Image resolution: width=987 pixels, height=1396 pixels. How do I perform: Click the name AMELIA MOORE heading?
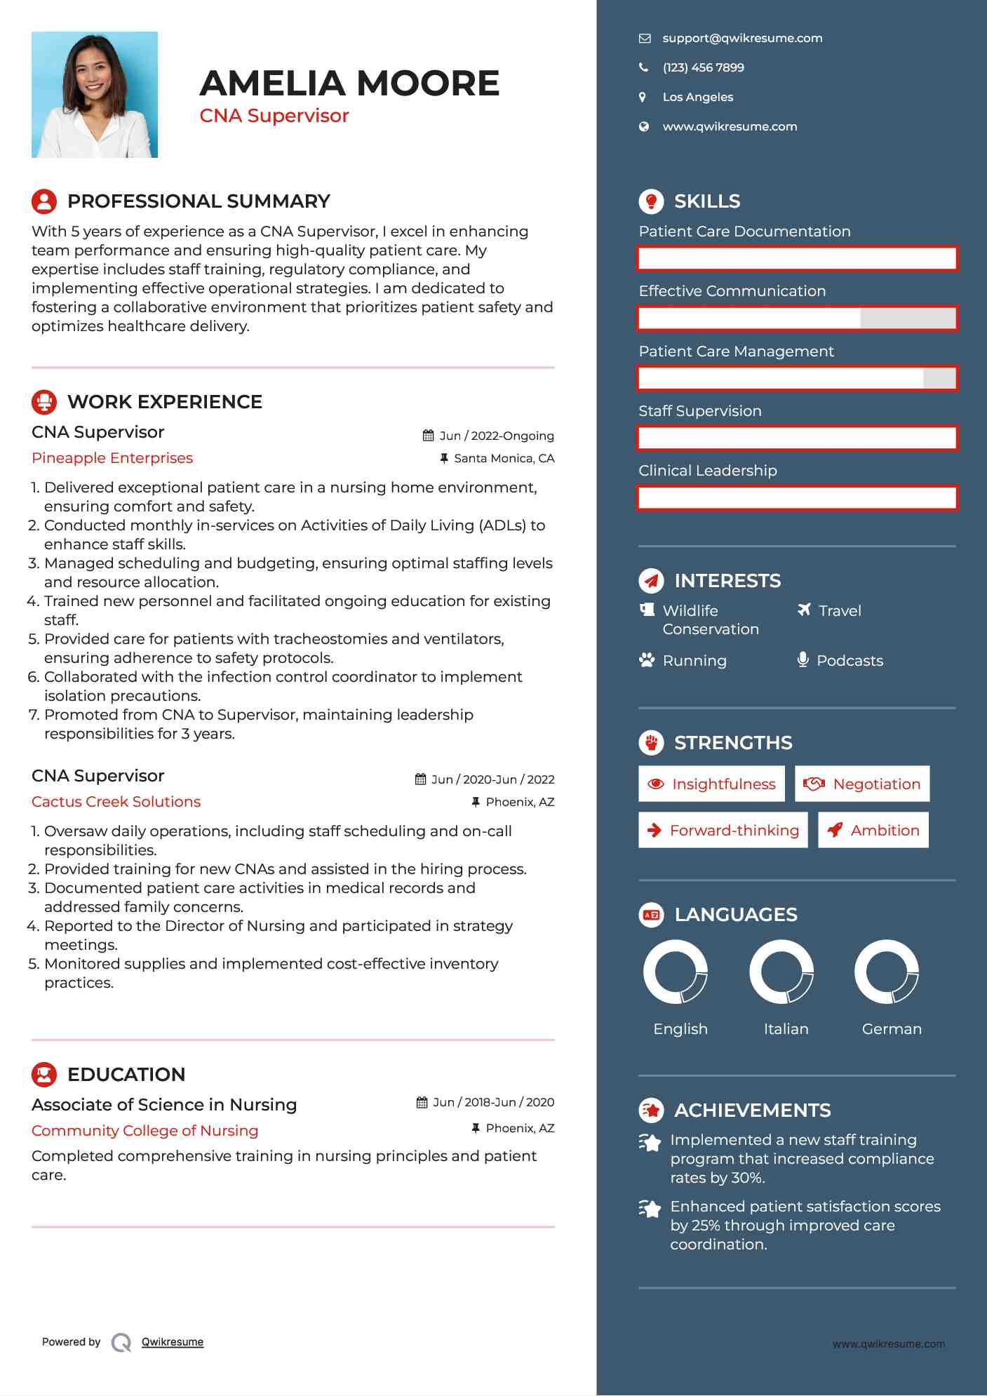(349, 83)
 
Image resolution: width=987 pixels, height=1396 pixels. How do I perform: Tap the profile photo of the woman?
(95, 95)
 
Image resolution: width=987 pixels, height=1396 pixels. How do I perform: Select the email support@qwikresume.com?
(742, 39)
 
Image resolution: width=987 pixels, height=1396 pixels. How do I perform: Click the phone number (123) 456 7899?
(703, 68)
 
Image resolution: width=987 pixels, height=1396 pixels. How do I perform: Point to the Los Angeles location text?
(697, 98)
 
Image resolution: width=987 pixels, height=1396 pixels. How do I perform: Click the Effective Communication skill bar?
(797, 318)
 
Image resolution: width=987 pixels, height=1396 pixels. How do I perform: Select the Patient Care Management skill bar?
(797, 379)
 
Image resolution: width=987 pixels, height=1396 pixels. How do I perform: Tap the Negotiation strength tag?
(862, 784)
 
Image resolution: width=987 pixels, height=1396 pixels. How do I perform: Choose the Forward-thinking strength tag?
(723, 831)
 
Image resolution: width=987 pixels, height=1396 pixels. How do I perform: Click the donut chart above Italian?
(781, 972)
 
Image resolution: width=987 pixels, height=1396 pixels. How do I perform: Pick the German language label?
(892, 1029)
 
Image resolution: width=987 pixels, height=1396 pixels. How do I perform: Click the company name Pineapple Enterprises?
(112, 458)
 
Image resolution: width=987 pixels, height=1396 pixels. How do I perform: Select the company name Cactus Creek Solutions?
(116, 802)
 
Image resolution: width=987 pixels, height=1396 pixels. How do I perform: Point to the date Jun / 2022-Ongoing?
(496, 436)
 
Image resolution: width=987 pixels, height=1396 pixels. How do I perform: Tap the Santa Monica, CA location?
(504, 459)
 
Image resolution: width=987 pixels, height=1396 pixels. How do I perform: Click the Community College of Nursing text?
(145, 1131)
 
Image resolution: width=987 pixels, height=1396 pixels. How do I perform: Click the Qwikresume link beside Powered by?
(173, 1342)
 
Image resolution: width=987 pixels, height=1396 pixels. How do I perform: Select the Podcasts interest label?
(850, 661)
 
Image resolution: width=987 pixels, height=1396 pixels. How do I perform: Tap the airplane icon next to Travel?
(804, 610)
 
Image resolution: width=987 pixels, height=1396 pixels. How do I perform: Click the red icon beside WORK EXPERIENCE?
(44, 402)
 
